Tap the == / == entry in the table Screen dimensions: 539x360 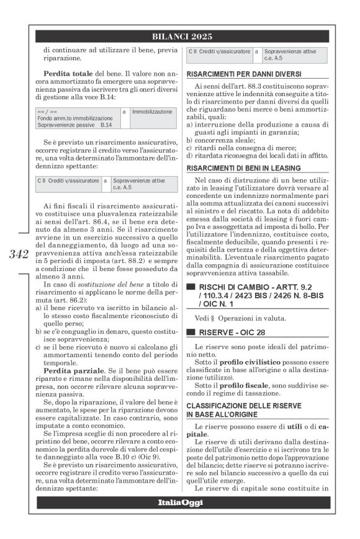47,111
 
